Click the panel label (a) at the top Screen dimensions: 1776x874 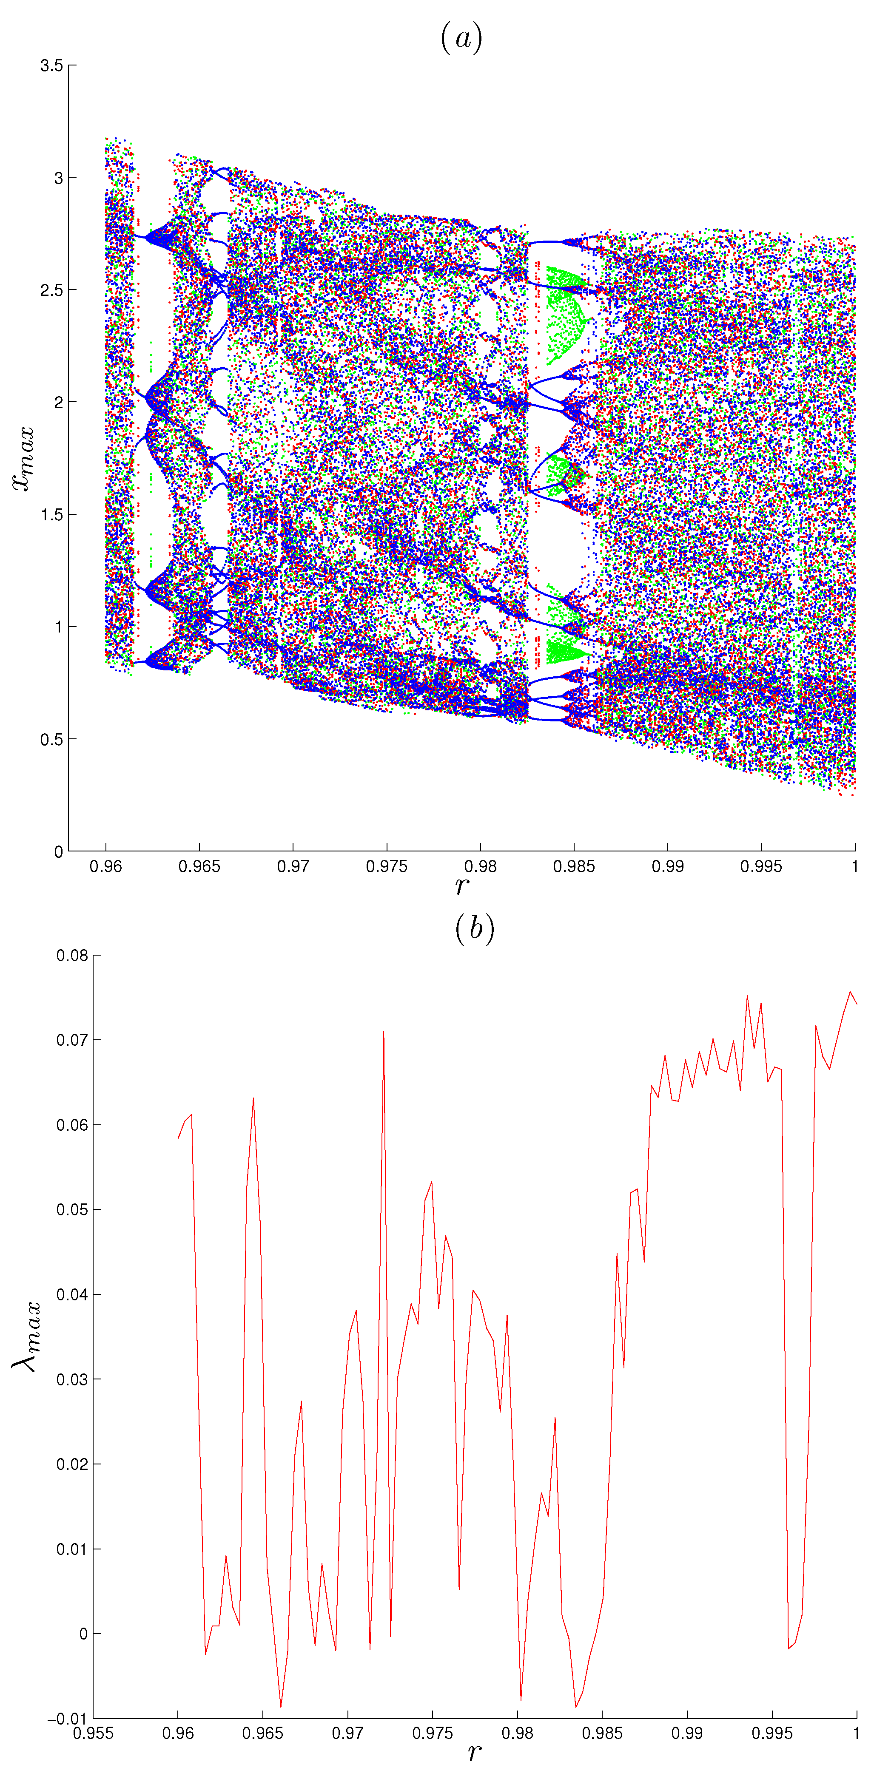point(461,37)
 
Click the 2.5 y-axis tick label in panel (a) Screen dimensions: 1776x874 point(51,290)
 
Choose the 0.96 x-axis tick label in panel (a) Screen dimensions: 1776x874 point(105,866)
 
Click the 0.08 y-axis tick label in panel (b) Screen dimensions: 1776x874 point(72,956)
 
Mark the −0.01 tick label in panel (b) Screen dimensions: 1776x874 point(68,1719)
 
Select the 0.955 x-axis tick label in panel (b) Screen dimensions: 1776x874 point(93,1733)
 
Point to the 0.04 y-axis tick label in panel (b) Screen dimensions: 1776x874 point(72,1295)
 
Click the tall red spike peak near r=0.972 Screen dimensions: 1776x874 point(384,1032)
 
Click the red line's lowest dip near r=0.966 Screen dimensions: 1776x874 point(281,1707)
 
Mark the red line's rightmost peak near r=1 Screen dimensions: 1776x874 point(850,992)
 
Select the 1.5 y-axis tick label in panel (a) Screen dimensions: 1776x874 point(51,515)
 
